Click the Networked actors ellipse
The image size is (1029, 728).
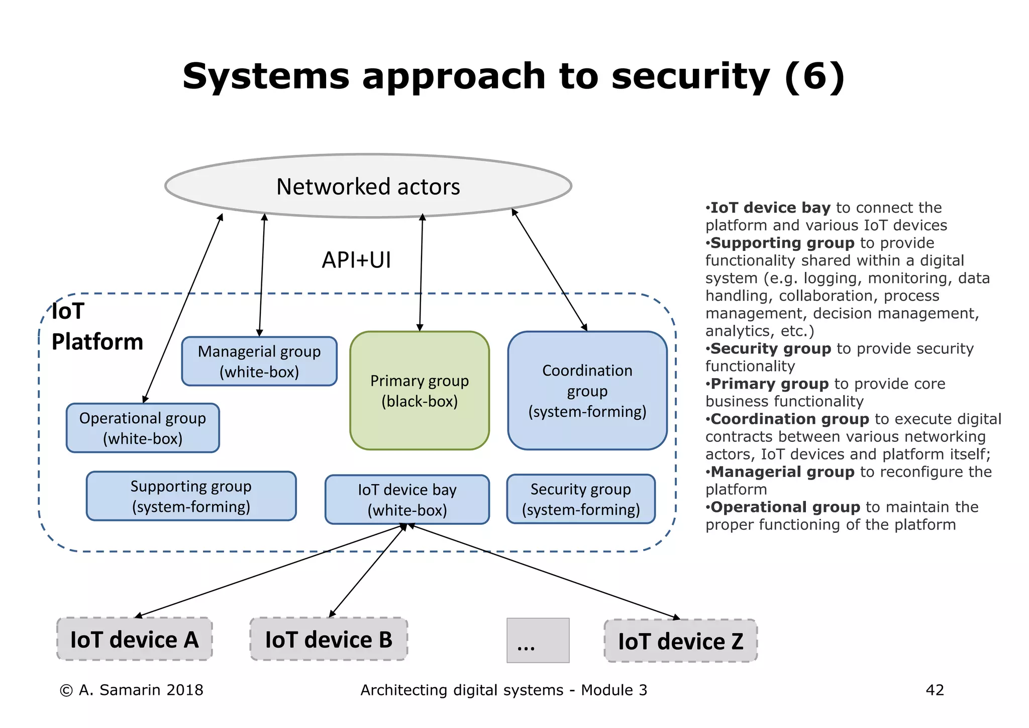(x=368, y=186)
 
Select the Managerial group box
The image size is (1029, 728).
(x=259, y=361)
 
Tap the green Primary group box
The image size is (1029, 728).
(x=420, y=391)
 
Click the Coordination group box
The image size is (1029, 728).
(x=587, y=391)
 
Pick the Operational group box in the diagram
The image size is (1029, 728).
(x=143, y=428)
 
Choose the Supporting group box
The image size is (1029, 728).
(x=191, y=496)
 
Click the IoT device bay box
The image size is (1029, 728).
(x=407, y=499)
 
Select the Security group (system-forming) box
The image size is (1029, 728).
(x=581, y=499)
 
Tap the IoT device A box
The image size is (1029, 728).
(x=135, y=640)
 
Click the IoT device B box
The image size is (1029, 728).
(x=329, y=640)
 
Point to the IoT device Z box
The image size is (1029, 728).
(x=680, y=641)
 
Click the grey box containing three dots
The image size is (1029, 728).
(x=538, y=641)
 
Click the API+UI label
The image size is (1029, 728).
(x=356, y=260)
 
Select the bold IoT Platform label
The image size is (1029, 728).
(x=96, y=327)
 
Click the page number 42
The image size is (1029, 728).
(x=935, y=690)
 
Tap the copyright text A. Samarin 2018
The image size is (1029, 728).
(x=132, y=690)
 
